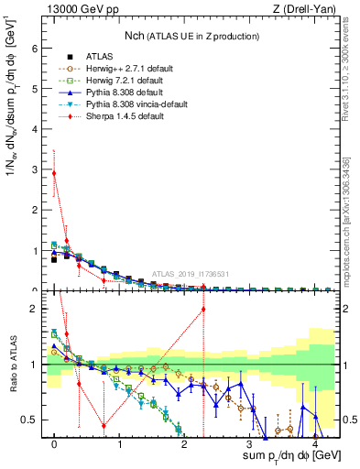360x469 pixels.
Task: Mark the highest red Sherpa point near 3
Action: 54,173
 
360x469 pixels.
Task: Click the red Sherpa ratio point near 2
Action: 202,309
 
